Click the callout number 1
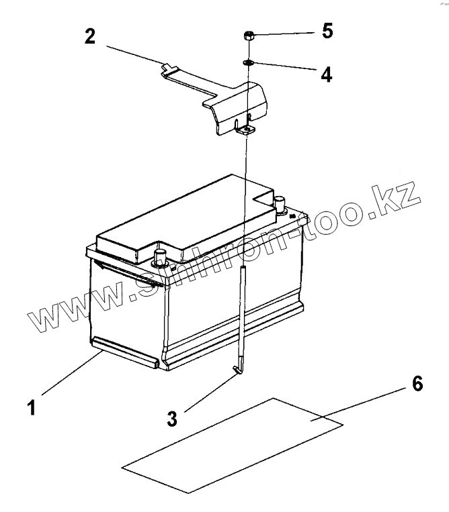click(x=31, y=407)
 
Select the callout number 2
click(x=90, y=36)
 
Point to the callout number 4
click(x=326, y=74)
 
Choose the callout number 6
click(x=416, y=385)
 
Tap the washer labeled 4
click(x=248, y=62)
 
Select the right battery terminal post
click(x=280, y=201)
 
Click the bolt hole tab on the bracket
click(x=246, y=130)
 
